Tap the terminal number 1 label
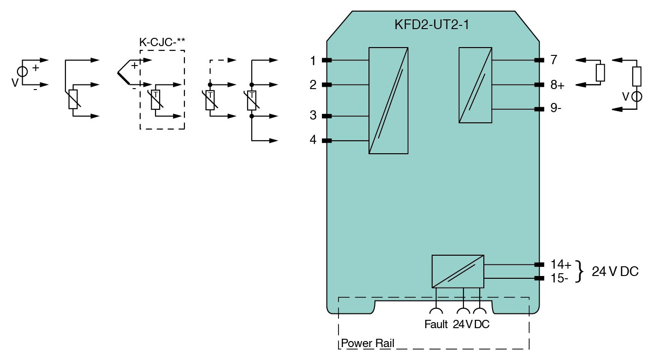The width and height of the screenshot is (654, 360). (x=313, y=60)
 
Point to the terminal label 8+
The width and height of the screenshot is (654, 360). (x=557, y=85)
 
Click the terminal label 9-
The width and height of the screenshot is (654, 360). (x=556, y=109)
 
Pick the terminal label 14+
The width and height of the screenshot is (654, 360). (x=561, y=264)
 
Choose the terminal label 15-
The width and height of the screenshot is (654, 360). (x=559, y=278)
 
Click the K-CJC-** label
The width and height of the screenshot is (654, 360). (x=162, y=42)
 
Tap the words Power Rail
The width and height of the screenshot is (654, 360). (x=368, y=343)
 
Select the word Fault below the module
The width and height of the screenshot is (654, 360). (x=436, y=324)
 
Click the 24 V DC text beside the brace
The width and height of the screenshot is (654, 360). (x=615, y=272)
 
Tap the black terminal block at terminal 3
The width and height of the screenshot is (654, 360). (x=327, y=116)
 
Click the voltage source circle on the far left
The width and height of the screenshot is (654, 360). (x=22, y=72)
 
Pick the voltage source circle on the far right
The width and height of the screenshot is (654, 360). (x=637, y=97)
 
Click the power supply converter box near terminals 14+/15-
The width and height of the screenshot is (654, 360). (x=458, y=271)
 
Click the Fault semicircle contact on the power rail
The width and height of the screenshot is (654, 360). (x=435, y=312)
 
